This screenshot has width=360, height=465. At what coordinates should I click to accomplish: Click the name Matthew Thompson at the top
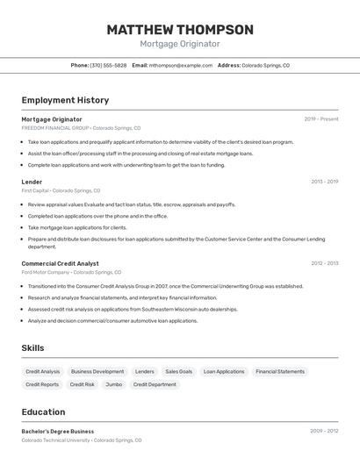(180, 30)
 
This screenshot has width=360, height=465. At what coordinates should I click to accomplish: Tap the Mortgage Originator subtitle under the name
(180, 44)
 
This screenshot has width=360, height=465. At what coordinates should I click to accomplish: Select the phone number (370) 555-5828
(108, 65)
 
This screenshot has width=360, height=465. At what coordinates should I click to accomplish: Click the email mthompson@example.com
(180, 65)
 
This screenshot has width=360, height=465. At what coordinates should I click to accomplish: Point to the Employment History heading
(65, 100)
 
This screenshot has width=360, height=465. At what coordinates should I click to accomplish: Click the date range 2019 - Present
(320, 119)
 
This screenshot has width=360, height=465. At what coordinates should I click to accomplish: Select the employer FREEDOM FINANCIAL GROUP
(55, 128)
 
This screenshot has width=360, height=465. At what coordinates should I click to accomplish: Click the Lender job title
(32, 182)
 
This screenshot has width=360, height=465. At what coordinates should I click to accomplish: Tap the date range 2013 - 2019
(324, 182)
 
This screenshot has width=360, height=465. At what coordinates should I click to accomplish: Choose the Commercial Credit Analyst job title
(60, 263)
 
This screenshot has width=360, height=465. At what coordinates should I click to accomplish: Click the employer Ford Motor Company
(46, 272)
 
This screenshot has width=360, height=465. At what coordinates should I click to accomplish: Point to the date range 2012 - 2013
(324, 263)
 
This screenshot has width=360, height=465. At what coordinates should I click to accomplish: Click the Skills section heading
(32, 348)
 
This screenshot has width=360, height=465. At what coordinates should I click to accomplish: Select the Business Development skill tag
(97, 371)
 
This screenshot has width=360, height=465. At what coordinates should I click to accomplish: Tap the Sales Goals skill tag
(178, 371)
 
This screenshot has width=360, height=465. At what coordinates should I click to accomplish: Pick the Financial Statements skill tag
(280, 371)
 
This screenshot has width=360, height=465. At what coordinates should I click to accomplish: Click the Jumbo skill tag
(114, 384)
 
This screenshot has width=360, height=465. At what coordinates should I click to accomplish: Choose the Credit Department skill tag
(155, 384)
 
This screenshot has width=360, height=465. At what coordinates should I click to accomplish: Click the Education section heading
(43, 412)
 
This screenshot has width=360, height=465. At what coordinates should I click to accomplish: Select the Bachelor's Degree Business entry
(58, 432)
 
